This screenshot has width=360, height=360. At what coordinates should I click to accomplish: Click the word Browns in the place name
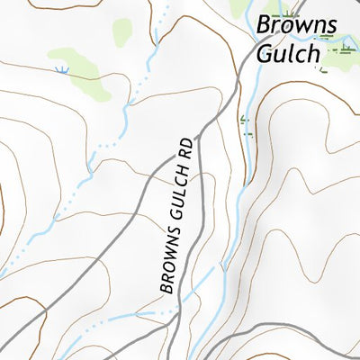coord(296,25)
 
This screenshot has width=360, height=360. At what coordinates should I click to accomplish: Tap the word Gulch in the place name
coord(287,53)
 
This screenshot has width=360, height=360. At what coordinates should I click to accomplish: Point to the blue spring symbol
coord(61,69)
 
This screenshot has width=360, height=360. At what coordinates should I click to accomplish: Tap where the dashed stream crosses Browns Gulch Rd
coord(168,311)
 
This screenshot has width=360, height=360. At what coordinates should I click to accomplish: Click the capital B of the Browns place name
coord(264,25)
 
